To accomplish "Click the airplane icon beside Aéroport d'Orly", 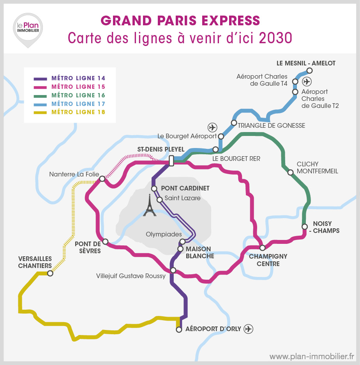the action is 248,329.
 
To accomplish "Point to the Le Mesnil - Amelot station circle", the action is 309,71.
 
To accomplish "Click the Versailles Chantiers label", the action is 35,262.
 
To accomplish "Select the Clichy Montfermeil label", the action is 317,168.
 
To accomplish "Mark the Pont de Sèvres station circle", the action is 105,242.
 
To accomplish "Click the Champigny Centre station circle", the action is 263,248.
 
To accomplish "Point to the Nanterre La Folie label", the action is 74,175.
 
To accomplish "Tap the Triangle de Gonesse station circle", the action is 234,123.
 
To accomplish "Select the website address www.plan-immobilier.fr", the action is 312,356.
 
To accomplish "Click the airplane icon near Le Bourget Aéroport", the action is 212,127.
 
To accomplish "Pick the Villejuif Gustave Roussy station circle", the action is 173,270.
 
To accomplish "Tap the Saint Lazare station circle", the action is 159,199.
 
